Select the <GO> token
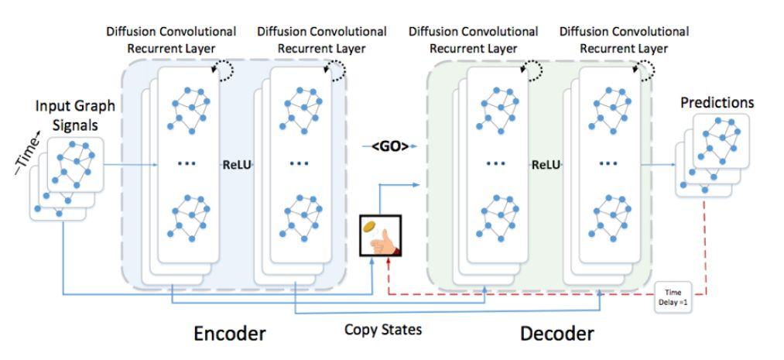point(389,146)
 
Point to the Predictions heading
point(716,102)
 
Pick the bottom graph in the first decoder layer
point(495,221)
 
